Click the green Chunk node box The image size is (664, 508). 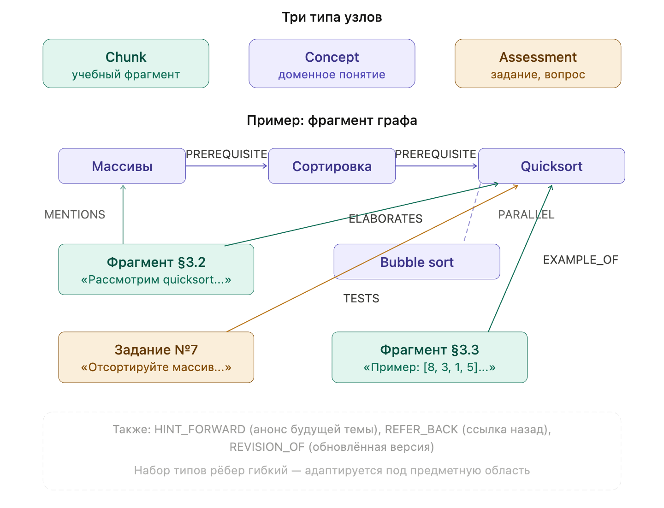(x=126, y=64)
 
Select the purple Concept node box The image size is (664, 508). (x=332, y=64)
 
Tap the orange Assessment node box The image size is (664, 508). (x=538, y=64)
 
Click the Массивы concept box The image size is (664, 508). (x=122, y=166)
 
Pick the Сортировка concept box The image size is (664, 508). (x=332, y=166)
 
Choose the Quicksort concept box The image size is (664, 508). (x=551, y=166)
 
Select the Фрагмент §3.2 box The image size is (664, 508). (x=156, y=270)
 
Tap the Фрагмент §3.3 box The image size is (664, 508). (x=429, y=357)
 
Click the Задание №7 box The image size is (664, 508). (x=156, y=357)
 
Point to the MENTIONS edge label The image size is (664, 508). (x=75, y=214)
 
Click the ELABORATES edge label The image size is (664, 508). (x=385, y=219)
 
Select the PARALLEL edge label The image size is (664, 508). (x=526, y=214)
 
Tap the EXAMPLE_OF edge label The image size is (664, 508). (x=581, y=260)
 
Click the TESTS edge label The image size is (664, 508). (x=361, y=299)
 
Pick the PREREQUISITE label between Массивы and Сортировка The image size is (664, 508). (x=226, y=154)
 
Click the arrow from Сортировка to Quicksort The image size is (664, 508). (x=436, y=166)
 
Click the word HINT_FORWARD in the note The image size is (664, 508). (x=200, y=430)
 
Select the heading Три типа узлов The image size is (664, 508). (x=332, y=18)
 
